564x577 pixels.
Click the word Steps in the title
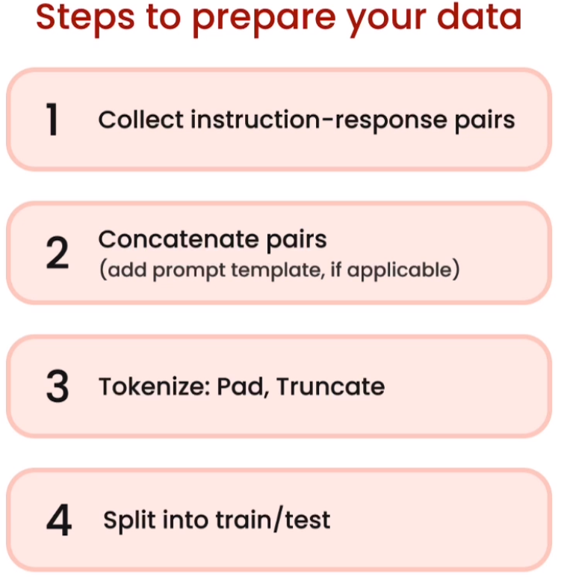point(85,18)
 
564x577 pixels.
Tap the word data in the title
point(479,16)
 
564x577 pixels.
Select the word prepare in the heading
point(264,21)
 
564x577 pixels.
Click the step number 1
point(52,120)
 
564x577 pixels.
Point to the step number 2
point(58,253)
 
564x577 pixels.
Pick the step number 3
point(58,386)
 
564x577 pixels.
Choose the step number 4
point(59,519)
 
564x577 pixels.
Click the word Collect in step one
point(141,120)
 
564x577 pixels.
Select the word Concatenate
point(179,239)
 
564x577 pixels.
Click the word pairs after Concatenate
point(296,241)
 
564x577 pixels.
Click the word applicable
point(399,271)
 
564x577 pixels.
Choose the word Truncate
point(330,386)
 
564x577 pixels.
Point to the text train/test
point(273,519)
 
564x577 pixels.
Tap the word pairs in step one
point(485,121)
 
